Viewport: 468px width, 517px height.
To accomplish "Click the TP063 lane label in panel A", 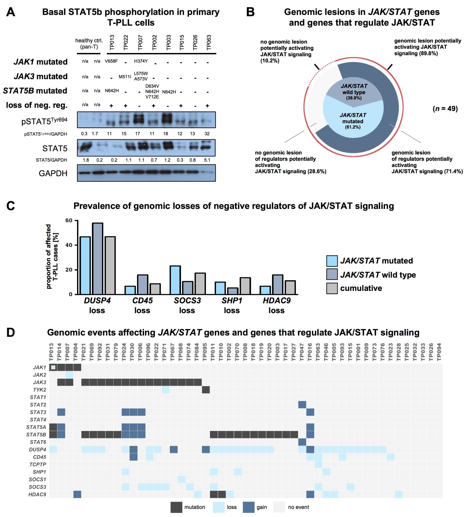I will [x=209, y=43].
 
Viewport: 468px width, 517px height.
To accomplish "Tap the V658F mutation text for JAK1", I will [x=111, y=61].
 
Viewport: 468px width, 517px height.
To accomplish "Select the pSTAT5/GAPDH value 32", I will [x=207, y=134].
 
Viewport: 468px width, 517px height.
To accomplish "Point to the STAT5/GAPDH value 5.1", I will [x=207, y=160].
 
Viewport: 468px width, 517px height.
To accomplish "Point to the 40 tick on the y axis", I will [x=69, y=245].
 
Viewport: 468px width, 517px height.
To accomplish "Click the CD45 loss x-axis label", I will [x=142, y=305].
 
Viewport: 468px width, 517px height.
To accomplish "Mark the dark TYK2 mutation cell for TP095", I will [x=206, y=390].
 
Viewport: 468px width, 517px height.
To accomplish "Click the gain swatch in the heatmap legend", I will [x=249, y=507].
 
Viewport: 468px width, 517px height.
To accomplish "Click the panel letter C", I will [x=11, y=206].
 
